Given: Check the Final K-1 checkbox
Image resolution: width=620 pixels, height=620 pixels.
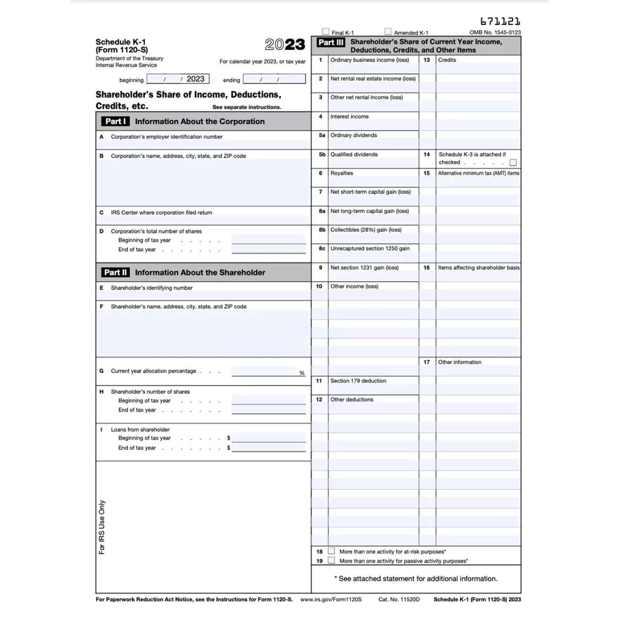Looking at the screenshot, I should tap(326, 32).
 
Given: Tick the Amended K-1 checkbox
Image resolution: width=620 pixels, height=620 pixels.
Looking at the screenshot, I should tap(388, 32).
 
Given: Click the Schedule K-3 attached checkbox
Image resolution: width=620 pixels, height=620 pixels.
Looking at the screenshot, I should tap(513, 163).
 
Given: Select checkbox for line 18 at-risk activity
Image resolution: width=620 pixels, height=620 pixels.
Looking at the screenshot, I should tap(332, 551).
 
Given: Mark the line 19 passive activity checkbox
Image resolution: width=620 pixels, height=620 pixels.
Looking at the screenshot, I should tap(332, 560).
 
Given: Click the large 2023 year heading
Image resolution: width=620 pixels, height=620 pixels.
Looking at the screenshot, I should tap(285, 45).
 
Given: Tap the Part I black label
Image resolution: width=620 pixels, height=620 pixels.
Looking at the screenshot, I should tap(115, 121).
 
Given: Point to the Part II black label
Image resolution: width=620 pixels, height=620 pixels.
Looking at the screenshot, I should tap(115, 272).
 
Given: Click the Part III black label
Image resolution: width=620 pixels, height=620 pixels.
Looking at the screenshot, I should tap(331, 42).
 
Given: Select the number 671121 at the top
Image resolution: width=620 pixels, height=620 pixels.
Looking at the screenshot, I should tap(500, 22).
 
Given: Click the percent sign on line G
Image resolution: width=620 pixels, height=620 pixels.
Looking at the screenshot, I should tap(302, 373).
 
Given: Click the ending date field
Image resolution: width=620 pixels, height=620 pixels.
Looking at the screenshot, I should tap(274, 79).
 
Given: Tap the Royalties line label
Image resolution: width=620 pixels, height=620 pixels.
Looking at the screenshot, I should tap(342, 173).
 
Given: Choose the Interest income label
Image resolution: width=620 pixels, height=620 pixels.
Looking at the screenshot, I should tap(349, 117).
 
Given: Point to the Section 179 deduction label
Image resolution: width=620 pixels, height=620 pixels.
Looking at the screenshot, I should tap(358, 381).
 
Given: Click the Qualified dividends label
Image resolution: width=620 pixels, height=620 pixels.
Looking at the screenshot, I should tap(354, 154).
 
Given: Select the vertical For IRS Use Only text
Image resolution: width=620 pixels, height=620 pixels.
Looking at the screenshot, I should tap(102, 527).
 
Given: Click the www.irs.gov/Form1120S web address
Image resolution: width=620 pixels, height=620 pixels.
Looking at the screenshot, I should tap(331, 599).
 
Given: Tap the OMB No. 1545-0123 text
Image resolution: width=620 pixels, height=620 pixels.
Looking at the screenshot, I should tap(495, 33).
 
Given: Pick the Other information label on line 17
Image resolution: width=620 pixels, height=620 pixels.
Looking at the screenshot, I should tap(459, 362).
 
